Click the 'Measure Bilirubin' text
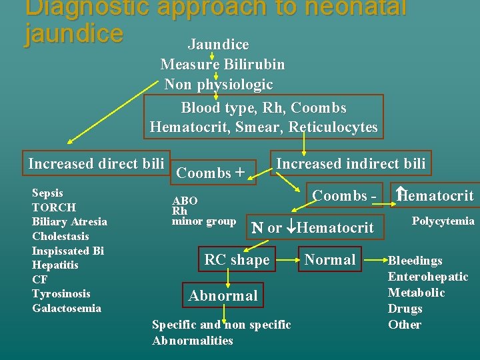[x=222, y=65]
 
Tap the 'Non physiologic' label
[x=218, y=85]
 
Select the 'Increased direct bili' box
[x=97, y=163]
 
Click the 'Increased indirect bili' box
[x=350, y=163]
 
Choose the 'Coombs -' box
[x=344, y=195]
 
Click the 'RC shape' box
[x=237, y=260]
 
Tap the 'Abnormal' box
[x=223, y=295]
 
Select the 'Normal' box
[x=330, y=259]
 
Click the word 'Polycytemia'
[x=443, y=221]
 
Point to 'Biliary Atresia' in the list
[x=69, y=222]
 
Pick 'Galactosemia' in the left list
[x=67, y=308]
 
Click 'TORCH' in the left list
[x=54, y=207]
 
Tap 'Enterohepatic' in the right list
[x=428, y=277]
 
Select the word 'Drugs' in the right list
[x=405, y=309]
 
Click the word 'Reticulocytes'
[x=333, y=127]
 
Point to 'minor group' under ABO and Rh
[x=204, y=221]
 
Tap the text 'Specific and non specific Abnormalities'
[x=221, y=333]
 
